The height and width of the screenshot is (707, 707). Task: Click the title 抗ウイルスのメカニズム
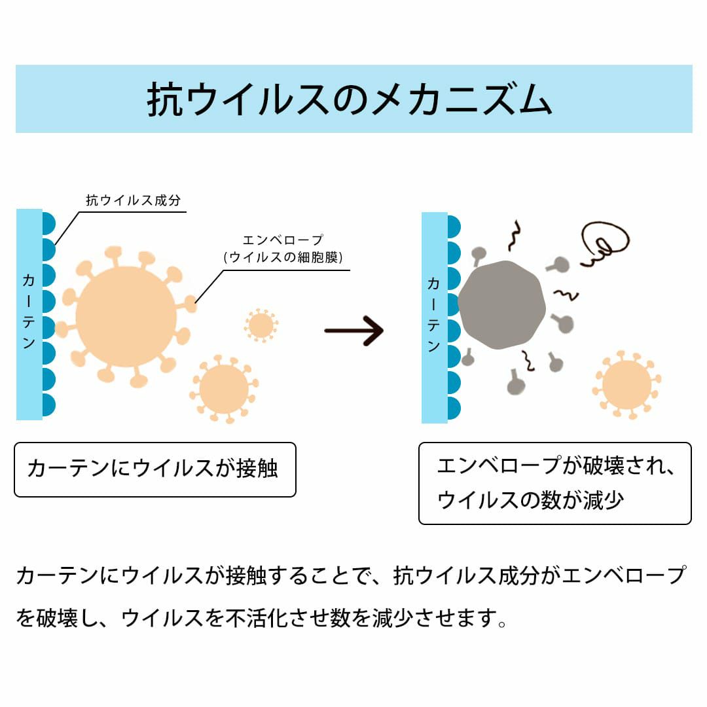350,100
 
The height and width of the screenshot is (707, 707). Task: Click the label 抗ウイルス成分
133,200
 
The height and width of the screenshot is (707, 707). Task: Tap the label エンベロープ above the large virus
283,240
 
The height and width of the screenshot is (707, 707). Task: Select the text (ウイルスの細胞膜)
283,257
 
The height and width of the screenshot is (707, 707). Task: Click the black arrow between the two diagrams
353,331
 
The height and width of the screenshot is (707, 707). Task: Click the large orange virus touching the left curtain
126,317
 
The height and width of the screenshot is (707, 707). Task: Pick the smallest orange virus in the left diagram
261,325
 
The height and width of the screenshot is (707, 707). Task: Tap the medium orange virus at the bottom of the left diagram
224,389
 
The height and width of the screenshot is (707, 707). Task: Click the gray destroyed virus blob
501,304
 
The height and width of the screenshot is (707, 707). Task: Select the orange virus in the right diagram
626,385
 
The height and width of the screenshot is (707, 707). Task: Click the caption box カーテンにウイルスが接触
155,469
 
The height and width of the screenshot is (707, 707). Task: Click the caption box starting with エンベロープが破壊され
554,483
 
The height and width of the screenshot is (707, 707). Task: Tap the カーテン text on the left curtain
29,311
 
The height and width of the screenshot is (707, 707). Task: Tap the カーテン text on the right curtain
434,315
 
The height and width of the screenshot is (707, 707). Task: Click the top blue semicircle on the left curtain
48,223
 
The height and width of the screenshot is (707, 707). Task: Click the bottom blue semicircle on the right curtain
454,408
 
